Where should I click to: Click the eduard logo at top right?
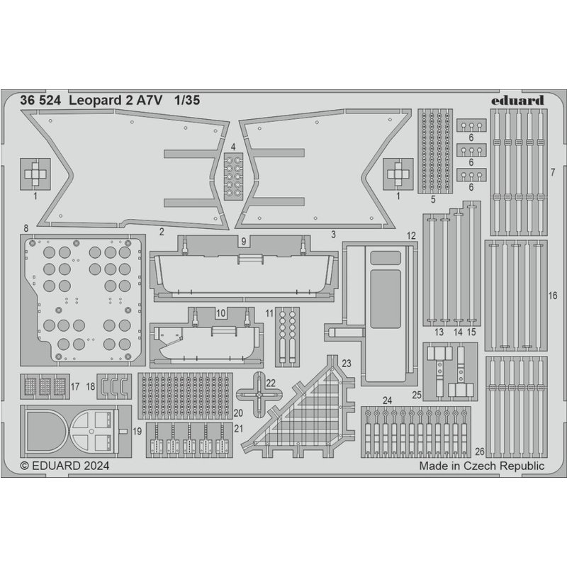pyautogui.click(x=517, y=101)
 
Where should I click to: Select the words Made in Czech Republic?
pyautogui.click(x=481, y=466)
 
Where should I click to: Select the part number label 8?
pyautogui.click(x=26, y=228)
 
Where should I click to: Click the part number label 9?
pyautogui.click(x=243, y=241)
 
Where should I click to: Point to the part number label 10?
pyautogui.click(x=220, y=312)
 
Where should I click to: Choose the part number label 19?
pyautogui.click(x=137, y=430)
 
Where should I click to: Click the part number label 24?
pyautogui.click(x=387, y=400)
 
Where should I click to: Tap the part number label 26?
pyautogui.click(x=480, y=451)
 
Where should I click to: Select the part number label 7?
pyautogui.click(x=552, y=172)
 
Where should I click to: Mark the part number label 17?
pyautogui.click(x=75, y=387)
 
